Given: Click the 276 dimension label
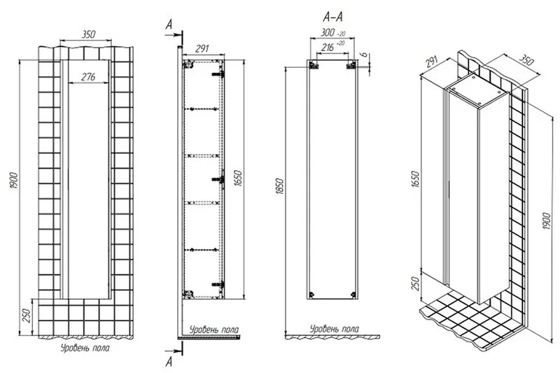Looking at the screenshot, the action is [88, 77].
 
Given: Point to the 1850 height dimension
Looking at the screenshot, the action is [280, 186].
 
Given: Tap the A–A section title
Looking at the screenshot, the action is [332, 17].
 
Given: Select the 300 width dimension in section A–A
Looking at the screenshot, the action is [327, 32].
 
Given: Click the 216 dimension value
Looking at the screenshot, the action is [328, 47].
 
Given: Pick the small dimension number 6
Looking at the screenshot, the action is [364, 55].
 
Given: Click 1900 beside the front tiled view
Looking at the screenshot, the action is [14, 181].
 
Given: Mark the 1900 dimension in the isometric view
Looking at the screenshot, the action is [547, 220].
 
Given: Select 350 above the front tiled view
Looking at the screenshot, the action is [89, 34].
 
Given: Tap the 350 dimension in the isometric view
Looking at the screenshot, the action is [526, 61].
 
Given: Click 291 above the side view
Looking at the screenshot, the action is [202, 48].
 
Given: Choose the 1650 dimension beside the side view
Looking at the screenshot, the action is [239, 178].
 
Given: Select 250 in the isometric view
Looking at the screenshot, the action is [415, 283].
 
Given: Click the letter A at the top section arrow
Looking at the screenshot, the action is [169, 24].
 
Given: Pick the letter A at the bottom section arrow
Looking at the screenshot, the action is [169, 362].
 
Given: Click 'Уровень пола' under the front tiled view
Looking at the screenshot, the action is [85, 348].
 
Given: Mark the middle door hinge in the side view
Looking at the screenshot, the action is [218, 178].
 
